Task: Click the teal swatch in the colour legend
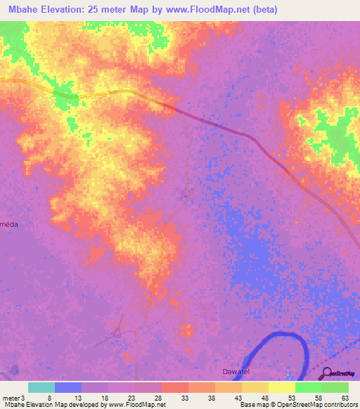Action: tap(41, 387)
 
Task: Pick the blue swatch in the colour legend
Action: tap(67, 387)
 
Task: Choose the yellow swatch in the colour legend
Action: tap(281, 387)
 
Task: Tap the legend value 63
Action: tap(345, 398)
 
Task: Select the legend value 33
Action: tap(184, 398)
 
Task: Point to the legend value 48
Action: tap(264, 398)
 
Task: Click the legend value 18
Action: tap(104, 398)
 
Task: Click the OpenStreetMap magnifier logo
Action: tap(326, 373)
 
